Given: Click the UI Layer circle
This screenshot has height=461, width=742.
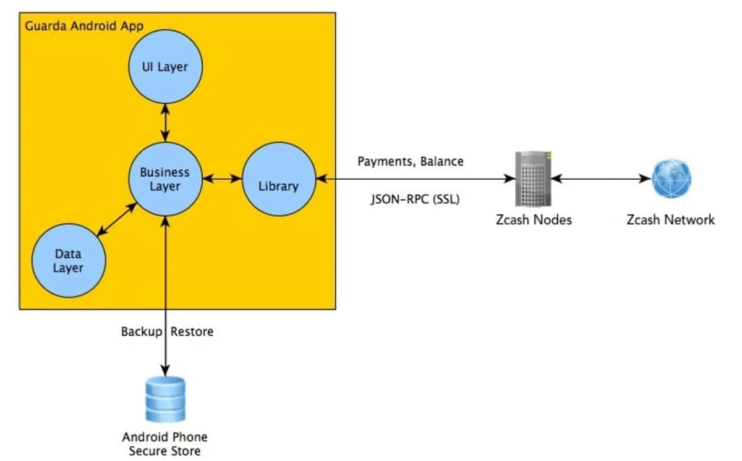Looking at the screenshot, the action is tap(165, 67).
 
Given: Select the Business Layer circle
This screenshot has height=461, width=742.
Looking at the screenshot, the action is tap(165, 179).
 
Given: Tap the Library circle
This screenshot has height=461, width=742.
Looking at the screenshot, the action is tap(279, 179).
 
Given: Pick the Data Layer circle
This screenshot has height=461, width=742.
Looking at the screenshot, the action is tap(69, 260).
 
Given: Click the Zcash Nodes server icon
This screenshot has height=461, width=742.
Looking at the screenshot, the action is tap(533, 179).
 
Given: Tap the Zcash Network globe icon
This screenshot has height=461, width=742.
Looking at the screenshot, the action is tap(672, 179).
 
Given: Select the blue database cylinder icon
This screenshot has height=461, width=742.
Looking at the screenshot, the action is tap(165, 399).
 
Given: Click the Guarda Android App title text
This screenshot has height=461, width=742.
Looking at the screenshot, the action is tap(84, 26).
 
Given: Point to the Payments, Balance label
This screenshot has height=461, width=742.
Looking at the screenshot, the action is tap(411, 161).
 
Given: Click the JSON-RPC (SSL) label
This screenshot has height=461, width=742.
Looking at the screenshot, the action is tap(415, 199).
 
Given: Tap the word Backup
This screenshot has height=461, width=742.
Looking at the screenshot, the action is tap(142, 332).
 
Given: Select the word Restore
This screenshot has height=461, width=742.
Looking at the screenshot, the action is tap(192, 332).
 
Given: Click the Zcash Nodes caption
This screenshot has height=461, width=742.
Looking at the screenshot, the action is tap(534, 220).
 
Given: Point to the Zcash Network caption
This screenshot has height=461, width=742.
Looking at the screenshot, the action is tap(670, 220).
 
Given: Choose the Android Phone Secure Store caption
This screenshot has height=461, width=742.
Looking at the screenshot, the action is tap(164, 444).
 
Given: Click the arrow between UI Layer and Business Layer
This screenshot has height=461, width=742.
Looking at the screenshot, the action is tap(165, 123).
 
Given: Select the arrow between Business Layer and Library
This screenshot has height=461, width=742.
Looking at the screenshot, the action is tap(222, 179).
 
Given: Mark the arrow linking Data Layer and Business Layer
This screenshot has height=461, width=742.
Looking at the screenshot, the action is tap(117, 219).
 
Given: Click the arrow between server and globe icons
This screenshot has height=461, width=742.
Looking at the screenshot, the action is tap(602, 179).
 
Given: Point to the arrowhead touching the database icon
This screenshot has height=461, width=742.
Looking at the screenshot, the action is tap(165, 371).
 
